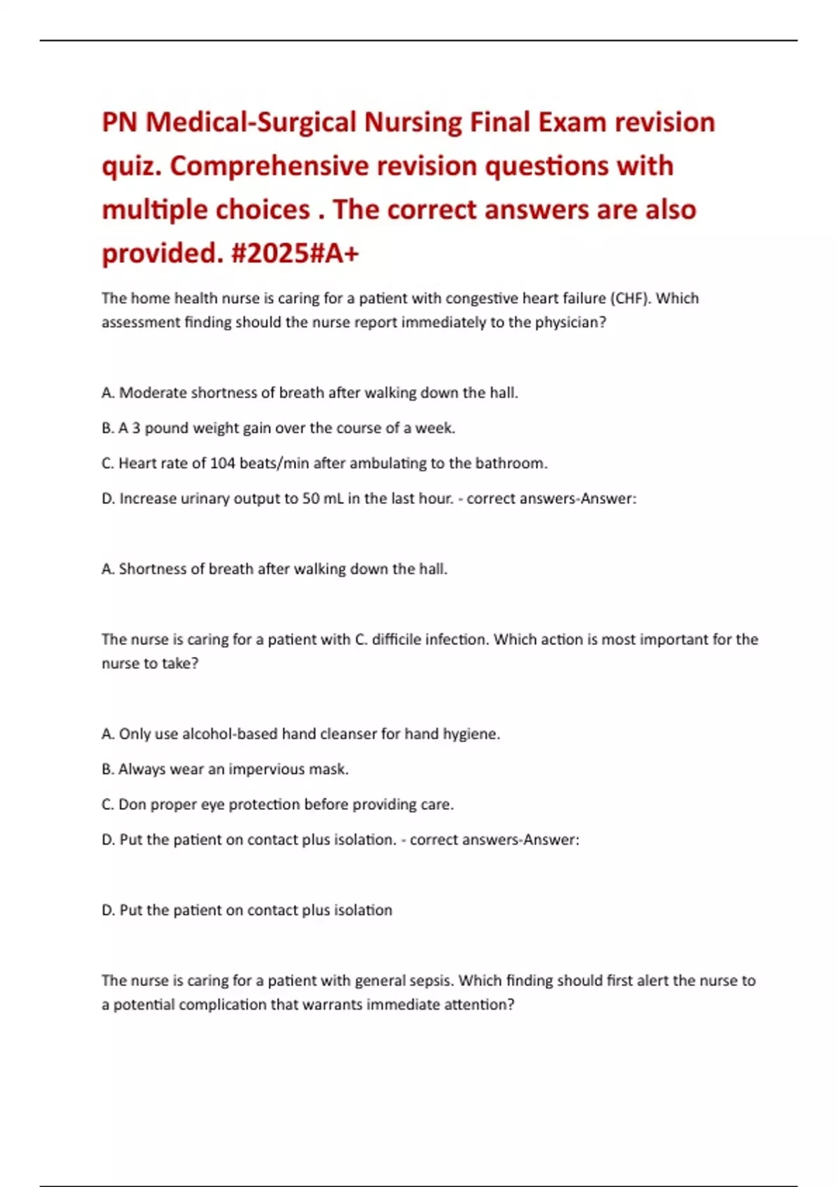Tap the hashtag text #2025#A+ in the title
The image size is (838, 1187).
coord(294,253)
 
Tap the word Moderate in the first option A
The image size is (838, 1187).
coord(153,392)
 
